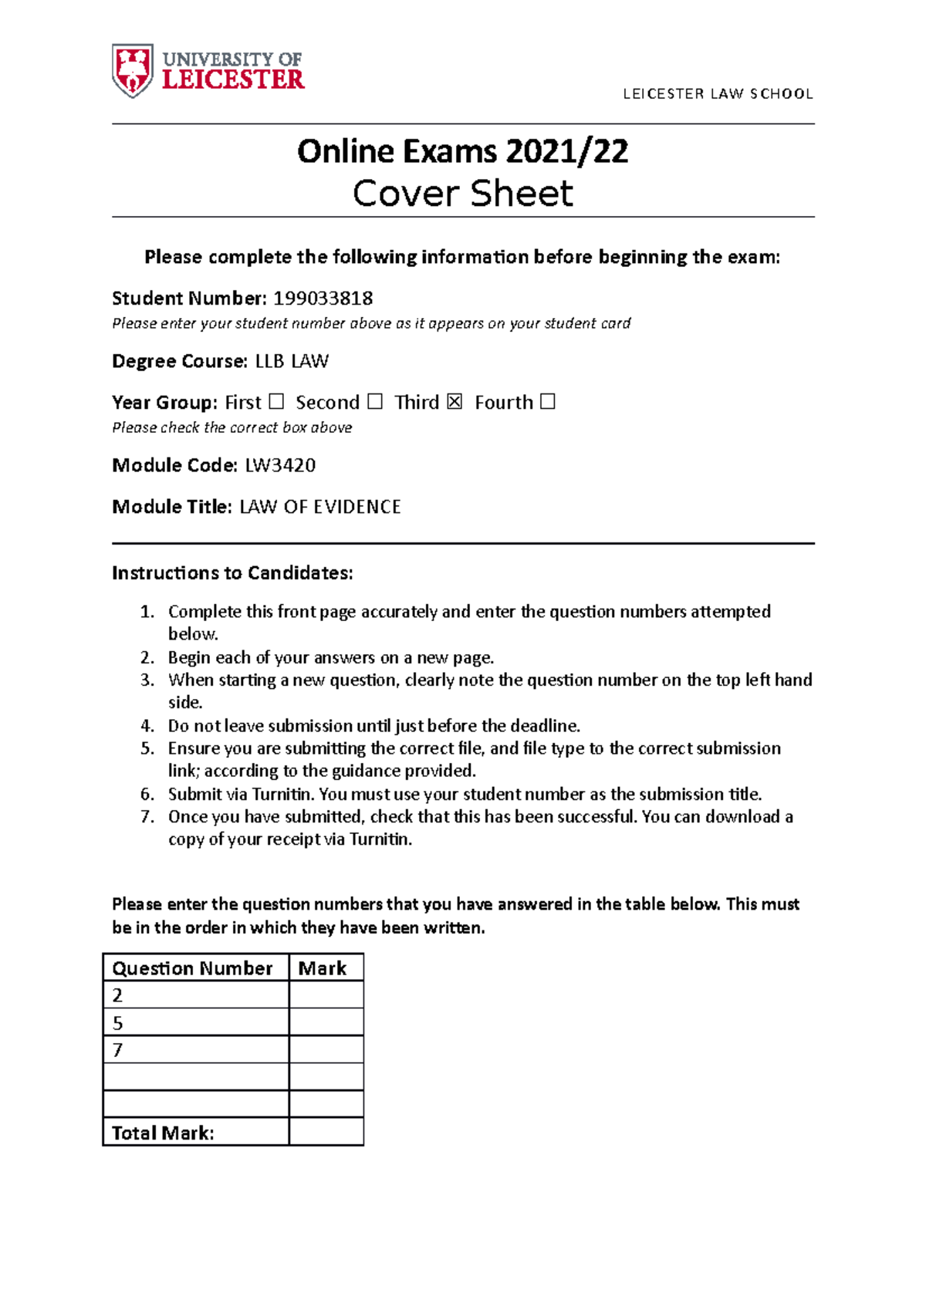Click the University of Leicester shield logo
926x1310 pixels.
133,70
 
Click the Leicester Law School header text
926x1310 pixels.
718,94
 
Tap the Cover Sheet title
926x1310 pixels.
462,194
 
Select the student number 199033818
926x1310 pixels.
323,299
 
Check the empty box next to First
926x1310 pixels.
276,402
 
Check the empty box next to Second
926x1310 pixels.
374,402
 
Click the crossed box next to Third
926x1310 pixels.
455,402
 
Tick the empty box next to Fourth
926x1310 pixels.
547,402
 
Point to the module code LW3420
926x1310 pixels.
280,465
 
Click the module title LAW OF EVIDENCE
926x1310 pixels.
320,507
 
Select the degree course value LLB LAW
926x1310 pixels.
292,361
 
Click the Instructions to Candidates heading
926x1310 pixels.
232,572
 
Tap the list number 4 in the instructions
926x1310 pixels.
147,726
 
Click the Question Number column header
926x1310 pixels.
193,968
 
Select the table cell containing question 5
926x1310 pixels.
195,1023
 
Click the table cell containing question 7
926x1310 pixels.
195,1050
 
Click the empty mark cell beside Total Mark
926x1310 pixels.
326,1133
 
